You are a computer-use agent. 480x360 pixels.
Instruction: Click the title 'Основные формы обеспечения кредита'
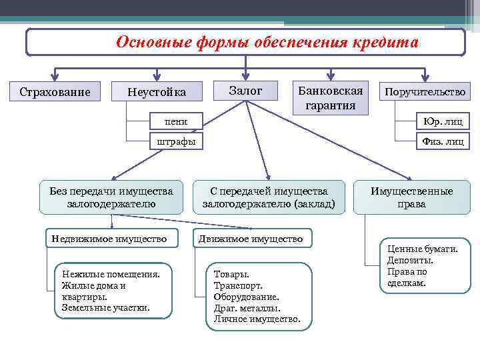point(267,43)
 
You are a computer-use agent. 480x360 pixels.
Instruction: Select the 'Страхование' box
point(55,91)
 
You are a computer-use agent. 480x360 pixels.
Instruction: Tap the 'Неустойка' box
point(157,91)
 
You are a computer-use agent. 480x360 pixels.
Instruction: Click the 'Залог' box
point(245,90)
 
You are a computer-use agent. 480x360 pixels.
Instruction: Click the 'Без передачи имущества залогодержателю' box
point(111,197)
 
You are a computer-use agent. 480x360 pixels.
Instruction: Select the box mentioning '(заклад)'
point(269,197)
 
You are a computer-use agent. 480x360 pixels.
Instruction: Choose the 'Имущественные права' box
point(411,197)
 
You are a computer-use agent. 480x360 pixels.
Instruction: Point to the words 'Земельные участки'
point(105,307)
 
